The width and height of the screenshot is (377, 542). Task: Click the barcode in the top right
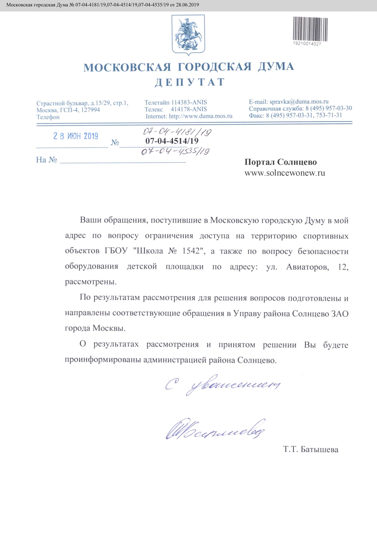(x=310, y=29)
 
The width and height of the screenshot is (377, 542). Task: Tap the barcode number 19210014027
(x=307, y=44)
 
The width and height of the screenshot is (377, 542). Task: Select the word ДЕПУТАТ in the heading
(x=190, y=82)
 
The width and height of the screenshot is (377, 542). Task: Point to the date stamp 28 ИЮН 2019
(x=75, y=136)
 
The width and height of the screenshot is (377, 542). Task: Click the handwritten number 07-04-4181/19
(x=177, y=132)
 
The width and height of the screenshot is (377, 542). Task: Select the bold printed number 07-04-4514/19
(x=172, y=141)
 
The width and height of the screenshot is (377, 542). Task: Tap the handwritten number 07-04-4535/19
(x=175, y=151)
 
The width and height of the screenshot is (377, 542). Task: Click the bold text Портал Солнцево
(x=280, y=162)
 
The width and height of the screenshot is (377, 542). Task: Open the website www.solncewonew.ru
(x=285, y=173)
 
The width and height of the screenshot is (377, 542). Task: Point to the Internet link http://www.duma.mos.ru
(x=201, y=116)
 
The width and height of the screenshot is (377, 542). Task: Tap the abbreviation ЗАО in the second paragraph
(x=340, y=314)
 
